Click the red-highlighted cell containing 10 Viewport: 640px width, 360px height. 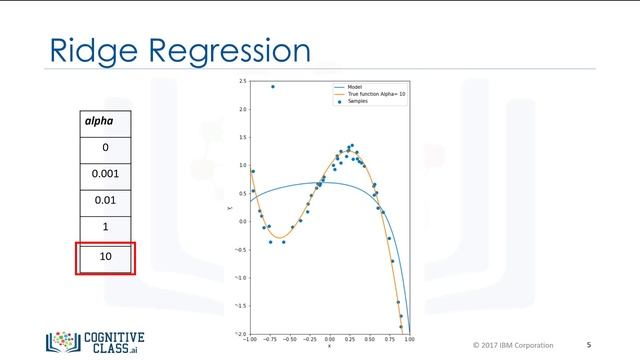pos(105,258)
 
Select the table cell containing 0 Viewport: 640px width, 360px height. pos(105,147)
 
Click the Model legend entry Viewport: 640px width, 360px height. pos(354,87)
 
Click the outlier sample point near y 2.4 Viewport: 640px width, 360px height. pos(273,87)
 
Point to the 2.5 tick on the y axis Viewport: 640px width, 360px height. pos(242,81)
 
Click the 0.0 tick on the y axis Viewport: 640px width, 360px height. pos(242,221)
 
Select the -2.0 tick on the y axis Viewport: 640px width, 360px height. pos(242,333)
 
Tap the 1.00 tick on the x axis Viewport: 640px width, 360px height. pos(409,339)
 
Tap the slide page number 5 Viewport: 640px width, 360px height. pos(588,345)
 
